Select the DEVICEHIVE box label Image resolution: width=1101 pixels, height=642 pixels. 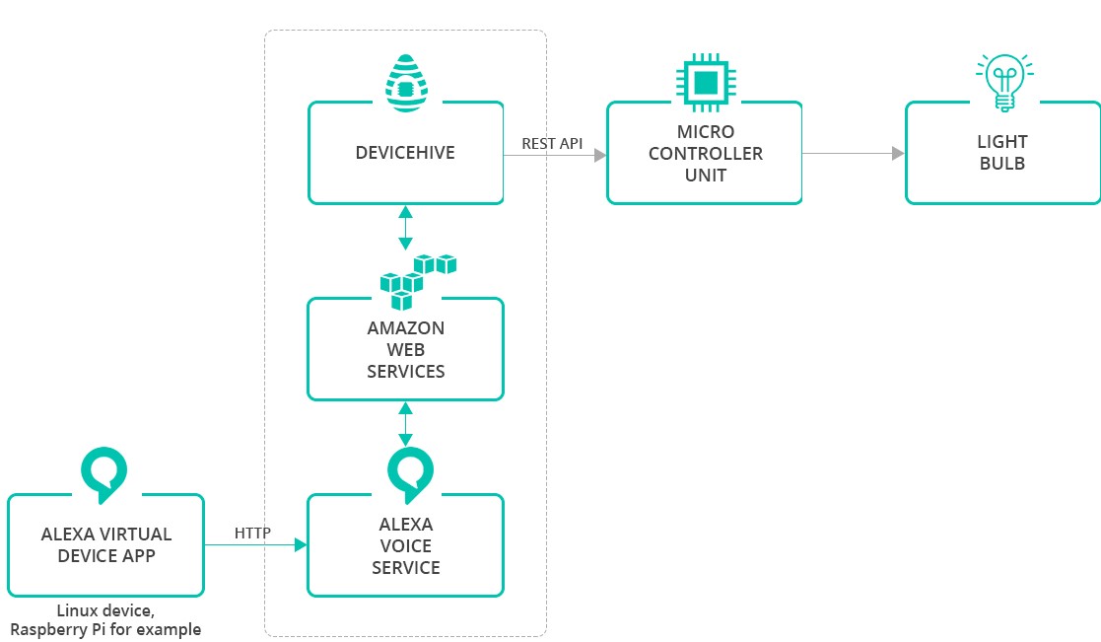(x=405, y=153)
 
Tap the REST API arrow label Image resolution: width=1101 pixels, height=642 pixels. (x=552, y=144)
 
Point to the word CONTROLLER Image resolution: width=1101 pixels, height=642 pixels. (x=705, y=154)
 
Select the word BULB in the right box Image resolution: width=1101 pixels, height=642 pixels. (x=1002, y=164)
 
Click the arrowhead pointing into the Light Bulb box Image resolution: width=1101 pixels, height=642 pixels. (x=898, y=154)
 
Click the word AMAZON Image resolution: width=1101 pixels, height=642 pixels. (x=405, y=328)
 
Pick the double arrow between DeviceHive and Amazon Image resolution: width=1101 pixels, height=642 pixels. (x=405, y=229)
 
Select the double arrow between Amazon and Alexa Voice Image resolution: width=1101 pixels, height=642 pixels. (x=405, y=424)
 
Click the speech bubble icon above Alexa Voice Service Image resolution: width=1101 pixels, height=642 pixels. (x=405, y=472)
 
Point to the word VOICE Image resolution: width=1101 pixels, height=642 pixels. (x=405, y=546)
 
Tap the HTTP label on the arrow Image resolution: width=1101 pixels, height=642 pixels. (x=252, y=534)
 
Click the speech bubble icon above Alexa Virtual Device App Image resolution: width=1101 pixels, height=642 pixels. (x=104, y=472)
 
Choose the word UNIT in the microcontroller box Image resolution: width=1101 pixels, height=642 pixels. (x=705, y=176)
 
